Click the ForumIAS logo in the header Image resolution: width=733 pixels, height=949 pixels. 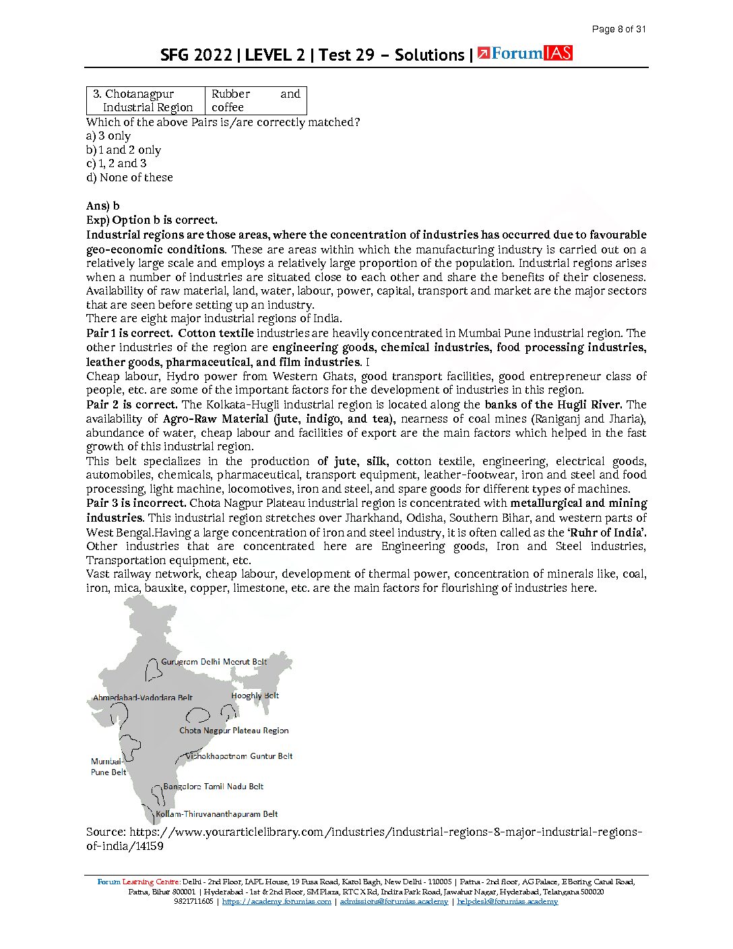(x=525, y=54)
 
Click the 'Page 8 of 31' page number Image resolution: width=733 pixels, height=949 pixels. (x=618, y=29)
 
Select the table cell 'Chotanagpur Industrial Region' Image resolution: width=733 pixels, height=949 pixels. (x=146, y=100)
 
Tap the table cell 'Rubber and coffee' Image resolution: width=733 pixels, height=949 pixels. (x=255, y=100)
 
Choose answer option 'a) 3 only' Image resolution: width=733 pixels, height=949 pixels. (x=108, y=135)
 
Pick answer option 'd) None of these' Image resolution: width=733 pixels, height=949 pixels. (x=129, y=177)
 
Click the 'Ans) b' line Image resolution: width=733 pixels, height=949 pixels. (x=103, y=206)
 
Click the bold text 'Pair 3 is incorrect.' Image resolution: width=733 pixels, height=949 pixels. (x=136, y=503)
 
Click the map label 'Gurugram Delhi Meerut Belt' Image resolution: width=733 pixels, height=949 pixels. (x=214, y=662)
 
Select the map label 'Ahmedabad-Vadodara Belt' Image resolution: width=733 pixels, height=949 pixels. (x=143, y=698)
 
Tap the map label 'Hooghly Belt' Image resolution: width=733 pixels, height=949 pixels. (x=255, y=696)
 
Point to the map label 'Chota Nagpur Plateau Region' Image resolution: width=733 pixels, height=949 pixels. (x=234, y=731)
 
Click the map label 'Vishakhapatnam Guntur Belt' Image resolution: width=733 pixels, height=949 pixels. (x=239, y=756)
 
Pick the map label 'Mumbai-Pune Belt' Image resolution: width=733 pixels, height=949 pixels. (x=108, y=767)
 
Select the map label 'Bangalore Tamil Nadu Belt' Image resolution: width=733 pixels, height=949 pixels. (x=213, y=787)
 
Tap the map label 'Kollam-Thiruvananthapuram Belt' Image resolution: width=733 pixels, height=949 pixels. (x=217, y=814)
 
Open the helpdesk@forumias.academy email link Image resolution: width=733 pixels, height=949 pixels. (x=507, y=902)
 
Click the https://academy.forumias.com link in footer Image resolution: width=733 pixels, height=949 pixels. (x=276, y=902)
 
